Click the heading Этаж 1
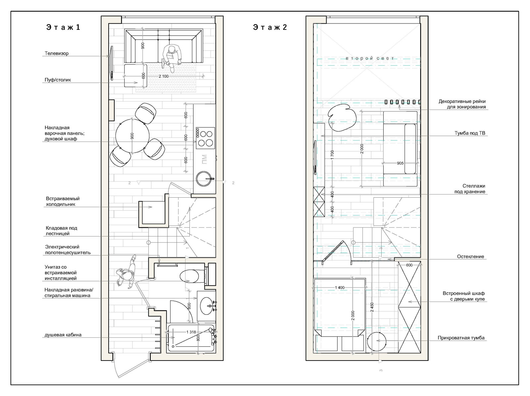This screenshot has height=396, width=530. pyautogui.click(x=63, y=27)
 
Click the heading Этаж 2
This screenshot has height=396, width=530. pyautogui.click(x=270, y=27)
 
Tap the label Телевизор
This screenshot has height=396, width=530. pyautogui.click(x=57, y=53)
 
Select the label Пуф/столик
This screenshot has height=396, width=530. pyautogui.click(x=58, y=80)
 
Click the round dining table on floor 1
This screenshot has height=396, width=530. pyautogui.click(x=132, y=136)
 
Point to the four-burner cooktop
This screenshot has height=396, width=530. pyautogui.click(x=205, y=138)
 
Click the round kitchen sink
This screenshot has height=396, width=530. pyautogui.click(x=204, y=179)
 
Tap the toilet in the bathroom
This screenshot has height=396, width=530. pyautogui.click(x=192, y=276)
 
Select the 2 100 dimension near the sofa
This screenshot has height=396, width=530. pyautogui.click(x=164, y=76)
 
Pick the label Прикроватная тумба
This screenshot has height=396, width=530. pyautogui.click(x=461, y=338)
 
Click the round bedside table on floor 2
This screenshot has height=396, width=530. pyautogui.click(x=376, y=341)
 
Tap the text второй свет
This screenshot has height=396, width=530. pyautogui.click(x=370, y=58)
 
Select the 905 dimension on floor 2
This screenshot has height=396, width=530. pyautogui.click(x=400, y=163)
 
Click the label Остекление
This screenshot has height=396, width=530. pyautogui.click(x=470, y=257)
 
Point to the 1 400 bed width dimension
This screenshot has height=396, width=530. pyautogui.click(x=340, y=288)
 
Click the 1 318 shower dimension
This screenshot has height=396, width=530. pyautogui.click(x=191, y=332)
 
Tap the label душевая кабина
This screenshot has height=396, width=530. pyautogui.click(x=63, y=335)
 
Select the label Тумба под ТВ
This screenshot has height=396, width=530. pyautogui.click(x=470, y=133)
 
